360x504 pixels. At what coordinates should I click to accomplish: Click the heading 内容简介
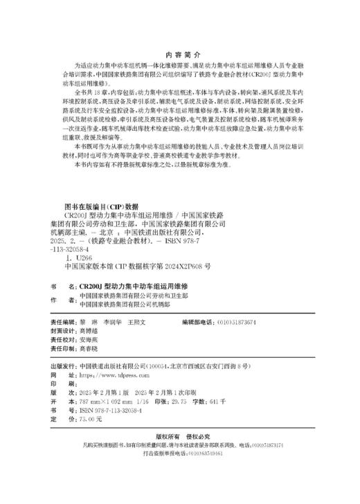(179, 57)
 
